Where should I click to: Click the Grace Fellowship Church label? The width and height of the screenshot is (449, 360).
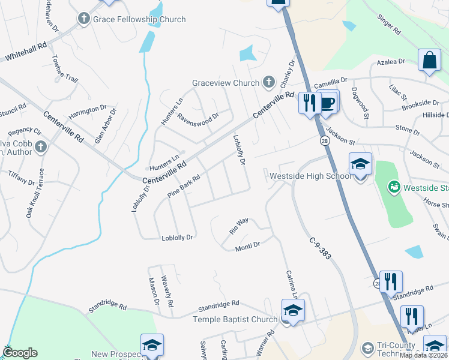[x=139, y=19]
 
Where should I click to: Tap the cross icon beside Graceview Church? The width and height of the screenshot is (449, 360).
[x=268, y=82]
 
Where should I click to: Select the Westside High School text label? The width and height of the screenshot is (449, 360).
[x=310, y=176]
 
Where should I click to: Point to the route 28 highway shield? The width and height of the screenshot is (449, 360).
[x=324, y=140]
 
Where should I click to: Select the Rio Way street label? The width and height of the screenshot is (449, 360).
[x=239, y=226]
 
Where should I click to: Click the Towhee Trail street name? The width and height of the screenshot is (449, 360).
[x=64, y=70]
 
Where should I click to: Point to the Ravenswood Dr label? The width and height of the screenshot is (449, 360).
[x=197, y=117]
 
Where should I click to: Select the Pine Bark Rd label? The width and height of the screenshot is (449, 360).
[x=183, y=187]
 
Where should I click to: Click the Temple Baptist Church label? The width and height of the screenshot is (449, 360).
[x=235, y=320]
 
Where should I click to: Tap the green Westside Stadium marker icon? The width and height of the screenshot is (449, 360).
[x=394, y=187]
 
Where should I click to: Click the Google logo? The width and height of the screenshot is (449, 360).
[x=20, y=353]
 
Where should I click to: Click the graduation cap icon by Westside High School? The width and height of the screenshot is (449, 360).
[x=360, y=164]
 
